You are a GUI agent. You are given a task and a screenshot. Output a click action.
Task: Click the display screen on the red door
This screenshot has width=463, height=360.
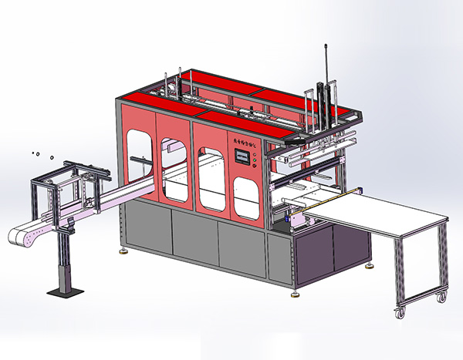click(x=245, y=158)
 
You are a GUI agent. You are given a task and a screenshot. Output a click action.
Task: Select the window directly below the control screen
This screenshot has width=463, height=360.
click(x=245, y=198)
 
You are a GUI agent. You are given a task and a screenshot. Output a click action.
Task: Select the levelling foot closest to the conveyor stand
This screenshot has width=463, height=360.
click(x=124, y=250)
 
